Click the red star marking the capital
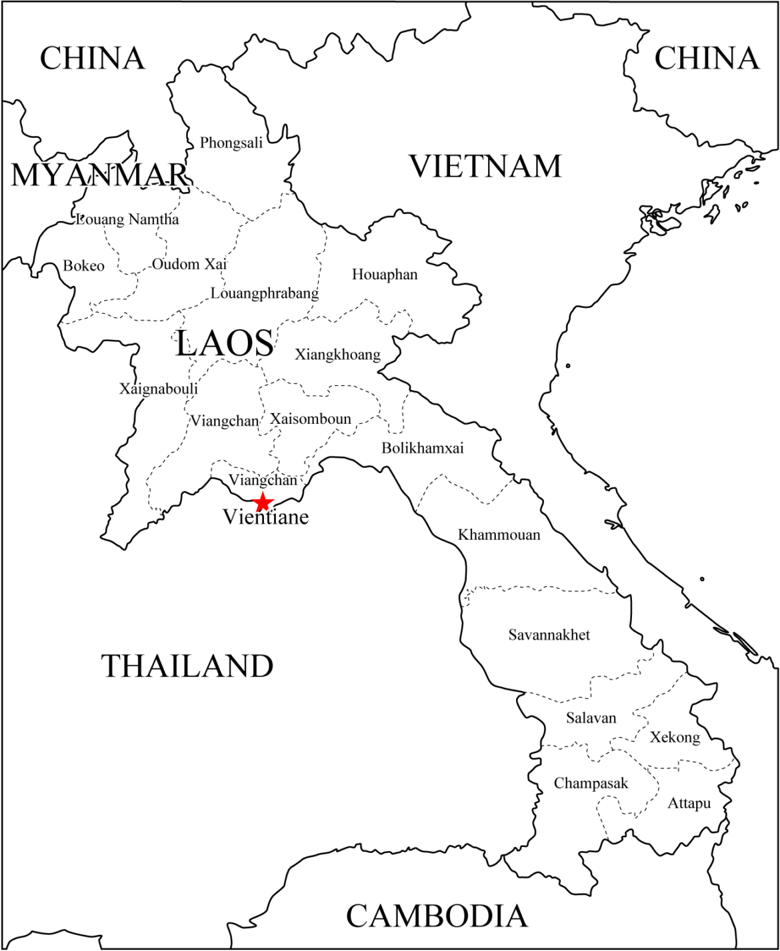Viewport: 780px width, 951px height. coord(263,502)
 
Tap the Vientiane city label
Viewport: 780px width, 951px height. coord(266,516)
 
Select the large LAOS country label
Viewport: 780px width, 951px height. coord(225,344)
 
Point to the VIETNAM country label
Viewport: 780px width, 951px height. coord(485,166)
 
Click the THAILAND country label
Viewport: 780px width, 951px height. coord(187,666)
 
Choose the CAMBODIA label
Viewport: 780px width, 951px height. coord(437,916)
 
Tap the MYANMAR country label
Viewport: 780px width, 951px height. coord(99,175)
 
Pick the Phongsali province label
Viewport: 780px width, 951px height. coord(231,143)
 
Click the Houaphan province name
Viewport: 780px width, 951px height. coord(385,275)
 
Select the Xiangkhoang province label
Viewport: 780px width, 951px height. coord(337,354)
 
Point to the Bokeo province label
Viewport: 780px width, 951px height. coord(84,266)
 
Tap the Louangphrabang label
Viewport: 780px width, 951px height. coord(265,293)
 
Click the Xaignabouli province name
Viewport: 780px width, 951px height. coord(159,389)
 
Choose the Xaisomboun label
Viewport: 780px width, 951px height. coord(310,419)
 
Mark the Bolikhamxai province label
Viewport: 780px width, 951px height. coord(422,448)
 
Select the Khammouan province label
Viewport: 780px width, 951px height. coord(499,534)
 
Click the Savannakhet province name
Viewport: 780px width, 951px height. coord(549,634)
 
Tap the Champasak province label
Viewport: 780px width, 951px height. coord(591,784)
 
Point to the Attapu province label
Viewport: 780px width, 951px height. coord(689,804)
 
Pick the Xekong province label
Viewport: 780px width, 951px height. coord(675,737)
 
